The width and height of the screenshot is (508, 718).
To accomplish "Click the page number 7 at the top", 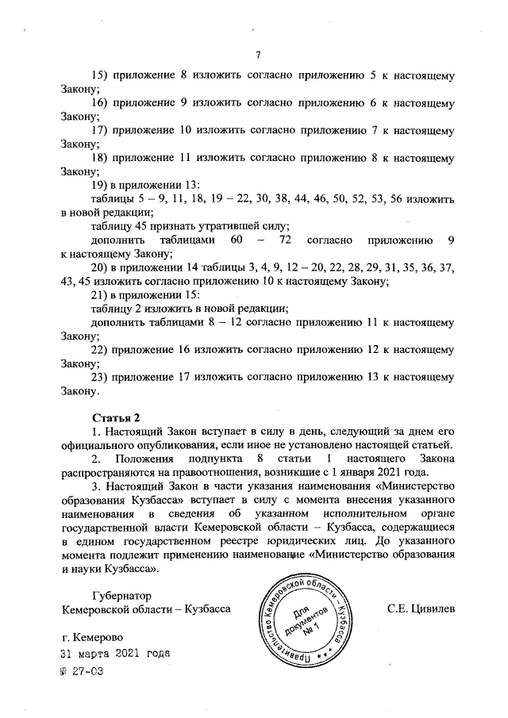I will (258, 55).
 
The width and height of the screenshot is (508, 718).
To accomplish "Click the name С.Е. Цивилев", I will (421, 609).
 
